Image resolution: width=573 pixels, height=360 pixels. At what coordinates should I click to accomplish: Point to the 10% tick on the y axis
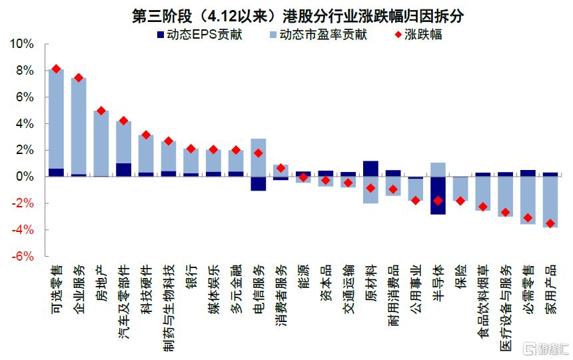pyautogui.click(x=19, y=44)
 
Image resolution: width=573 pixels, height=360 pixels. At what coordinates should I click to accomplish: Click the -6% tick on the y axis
pyautogui.click(x=21, y=257)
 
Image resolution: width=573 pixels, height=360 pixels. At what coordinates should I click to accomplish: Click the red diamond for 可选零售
pyautogui.click(x=56, y=69)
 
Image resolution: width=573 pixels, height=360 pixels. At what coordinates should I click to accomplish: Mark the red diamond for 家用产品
pyautogui.click(x=550, y=223)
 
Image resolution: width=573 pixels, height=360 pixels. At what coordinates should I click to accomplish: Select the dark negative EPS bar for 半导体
pyautogui.click(x=438, y=195)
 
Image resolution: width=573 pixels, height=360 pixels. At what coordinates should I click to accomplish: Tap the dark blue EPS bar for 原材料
pyautogui.click(x=370, y=169)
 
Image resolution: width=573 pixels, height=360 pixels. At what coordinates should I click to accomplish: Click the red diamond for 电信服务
pyautogui.click(x=259, y=153)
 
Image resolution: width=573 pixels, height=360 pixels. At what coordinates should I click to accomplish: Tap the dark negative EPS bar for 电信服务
pyautogui.click(x=259, y=183)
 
